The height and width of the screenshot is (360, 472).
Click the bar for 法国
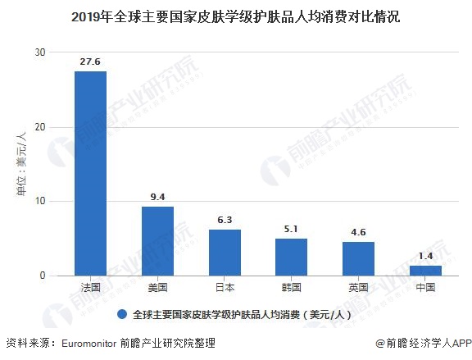90,173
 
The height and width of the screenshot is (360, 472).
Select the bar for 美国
157,240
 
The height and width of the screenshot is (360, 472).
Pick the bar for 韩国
291,257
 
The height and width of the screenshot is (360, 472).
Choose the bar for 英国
358,258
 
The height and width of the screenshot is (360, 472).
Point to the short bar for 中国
425,270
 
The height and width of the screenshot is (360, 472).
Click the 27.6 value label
90,62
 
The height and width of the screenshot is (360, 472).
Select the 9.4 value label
157,197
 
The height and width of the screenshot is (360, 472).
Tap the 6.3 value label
225,220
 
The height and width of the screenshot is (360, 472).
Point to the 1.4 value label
425,257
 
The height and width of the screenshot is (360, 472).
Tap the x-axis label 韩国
291,288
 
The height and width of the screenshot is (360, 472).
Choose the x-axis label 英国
358,288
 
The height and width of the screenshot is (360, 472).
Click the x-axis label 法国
90,288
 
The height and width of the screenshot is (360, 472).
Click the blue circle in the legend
121,314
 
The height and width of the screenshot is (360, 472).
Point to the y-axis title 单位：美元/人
21,164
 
